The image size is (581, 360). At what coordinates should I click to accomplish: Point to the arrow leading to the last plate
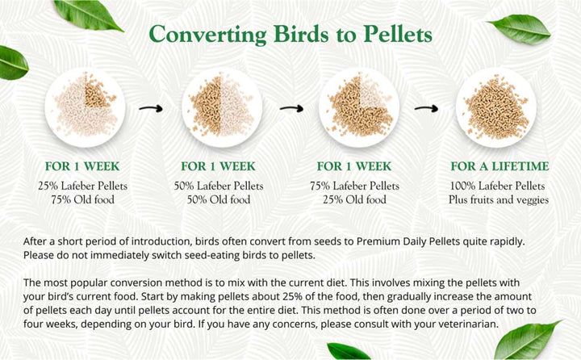tap(425, 107)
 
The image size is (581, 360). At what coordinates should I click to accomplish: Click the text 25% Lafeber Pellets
tap(83, 186)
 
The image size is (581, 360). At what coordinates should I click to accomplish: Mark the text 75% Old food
tap(83, 199)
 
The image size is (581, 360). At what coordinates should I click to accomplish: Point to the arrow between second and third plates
tap(290, 107)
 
